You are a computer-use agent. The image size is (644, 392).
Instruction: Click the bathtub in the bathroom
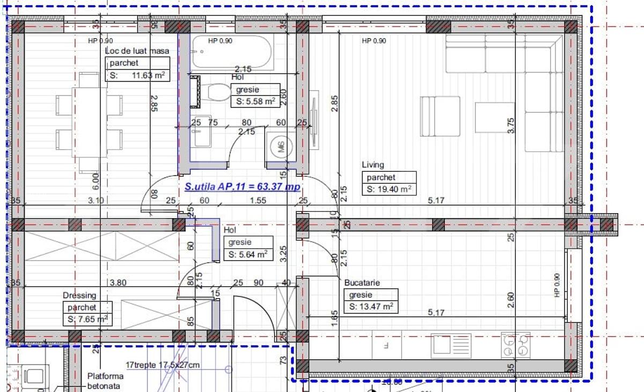232,52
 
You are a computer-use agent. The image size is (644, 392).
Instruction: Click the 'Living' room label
373,165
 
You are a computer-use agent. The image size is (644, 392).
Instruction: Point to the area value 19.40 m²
389,189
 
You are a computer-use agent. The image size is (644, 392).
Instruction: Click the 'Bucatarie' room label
362,282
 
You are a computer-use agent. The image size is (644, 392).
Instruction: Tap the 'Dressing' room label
79,295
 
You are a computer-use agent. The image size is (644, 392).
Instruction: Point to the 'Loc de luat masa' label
137,51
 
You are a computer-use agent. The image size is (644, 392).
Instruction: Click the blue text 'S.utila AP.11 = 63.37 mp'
243,187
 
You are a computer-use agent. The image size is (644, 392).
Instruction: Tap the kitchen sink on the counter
451,345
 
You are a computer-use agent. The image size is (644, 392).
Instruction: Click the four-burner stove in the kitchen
516,345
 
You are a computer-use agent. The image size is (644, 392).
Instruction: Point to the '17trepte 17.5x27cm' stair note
163,365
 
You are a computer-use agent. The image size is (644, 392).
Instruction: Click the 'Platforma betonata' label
105,381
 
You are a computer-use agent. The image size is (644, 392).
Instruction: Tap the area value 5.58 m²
255,101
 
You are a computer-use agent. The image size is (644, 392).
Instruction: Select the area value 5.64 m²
248,255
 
